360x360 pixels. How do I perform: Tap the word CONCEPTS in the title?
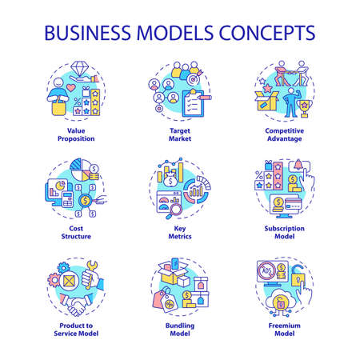click(265, 34)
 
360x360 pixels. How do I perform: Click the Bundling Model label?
click(179, 330)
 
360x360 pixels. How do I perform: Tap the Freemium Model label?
click(283, 330)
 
